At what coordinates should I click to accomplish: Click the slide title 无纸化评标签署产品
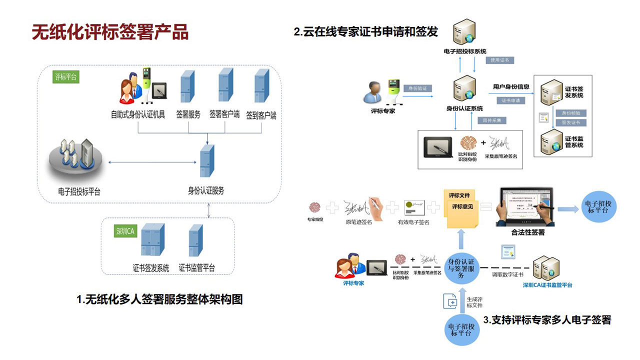point(110,31)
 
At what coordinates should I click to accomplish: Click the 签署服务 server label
point(188,114)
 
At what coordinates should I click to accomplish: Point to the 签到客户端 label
point(261,115)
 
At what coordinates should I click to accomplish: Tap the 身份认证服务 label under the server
point(206,190)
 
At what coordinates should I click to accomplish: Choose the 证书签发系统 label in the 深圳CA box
point(151,267)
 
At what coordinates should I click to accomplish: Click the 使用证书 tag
point(499,60)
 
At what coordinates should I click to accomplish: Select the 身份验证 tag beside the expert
point(417,88)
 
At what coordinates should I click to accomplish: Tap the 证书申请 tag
point(510,100)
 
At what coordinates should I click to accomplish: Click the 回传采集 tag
point(492,120)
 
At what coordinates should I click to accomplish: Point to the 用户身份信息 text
point(511,87)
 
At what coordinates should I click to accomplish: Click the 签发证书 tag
point(571,122)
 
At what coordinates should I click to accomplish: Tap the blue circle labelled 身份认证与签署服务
point(461,268)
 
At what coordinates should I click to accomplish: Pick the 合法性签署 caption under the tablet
point(528,232)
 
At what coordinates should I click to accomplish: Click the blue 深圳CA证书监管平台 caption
point(547,285)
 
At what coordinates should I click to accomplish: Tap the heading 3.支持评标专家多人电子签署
point(547,320)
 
